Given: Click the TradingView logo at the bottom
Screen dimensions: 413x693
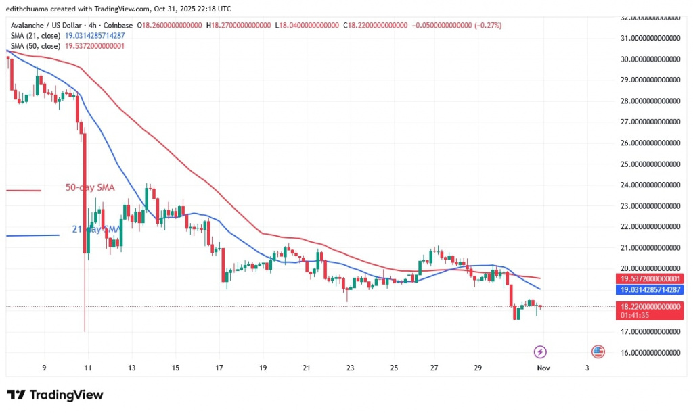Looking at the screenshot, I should point(55,395).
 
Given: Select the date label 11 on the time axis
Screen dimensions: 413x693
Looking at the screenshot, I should point(87,368).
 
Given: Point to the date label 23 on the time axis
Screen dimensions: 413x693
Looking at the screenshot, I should point(350,368).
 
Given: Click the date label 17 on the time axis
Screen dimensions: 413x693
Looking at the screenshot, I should point(219,368).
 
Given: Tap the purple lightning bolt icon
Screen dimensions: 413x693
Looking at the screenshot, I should point(540,351).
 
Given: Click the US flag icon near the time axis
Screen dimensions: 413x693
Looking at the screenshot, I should point(598,351).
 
